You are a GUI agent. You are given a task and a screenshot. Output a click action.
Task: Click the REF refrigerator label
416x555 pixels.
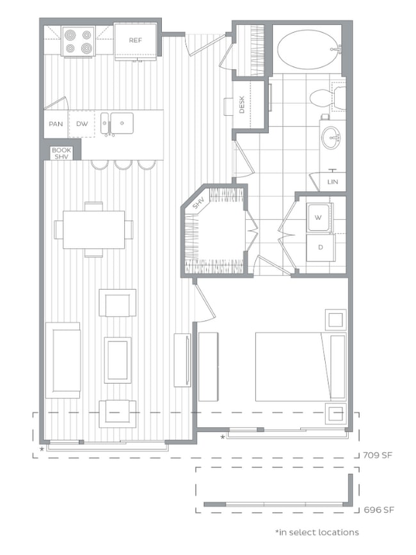coord(135,40)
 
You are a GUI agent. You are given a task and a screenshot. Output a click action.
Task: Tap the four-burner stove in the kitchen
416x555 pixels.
coord(78,41)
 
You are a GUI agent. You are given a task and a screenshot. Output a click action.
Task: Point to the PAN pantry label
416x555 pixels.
coord(56,124)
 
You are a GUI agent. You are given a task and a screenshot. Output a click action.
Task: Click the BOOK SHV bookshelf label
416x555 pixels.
coord(61,153)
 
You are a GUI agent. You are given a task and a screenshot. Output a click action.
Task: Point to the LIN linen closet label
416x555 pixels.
coord(332,182)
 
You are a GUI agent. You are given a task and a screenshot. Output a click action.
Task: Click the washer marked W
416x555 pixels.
coord(318,217)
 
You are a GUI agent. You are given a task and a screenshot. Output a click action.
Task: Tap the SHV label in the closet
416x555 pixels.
coord(198,204)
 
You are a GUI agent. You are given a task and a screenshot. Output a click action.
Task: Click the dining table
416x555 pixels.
coord(93,229)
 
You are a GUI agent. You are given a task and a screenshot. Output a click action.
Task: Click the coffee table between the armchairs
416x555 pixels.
coord(118,360)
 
